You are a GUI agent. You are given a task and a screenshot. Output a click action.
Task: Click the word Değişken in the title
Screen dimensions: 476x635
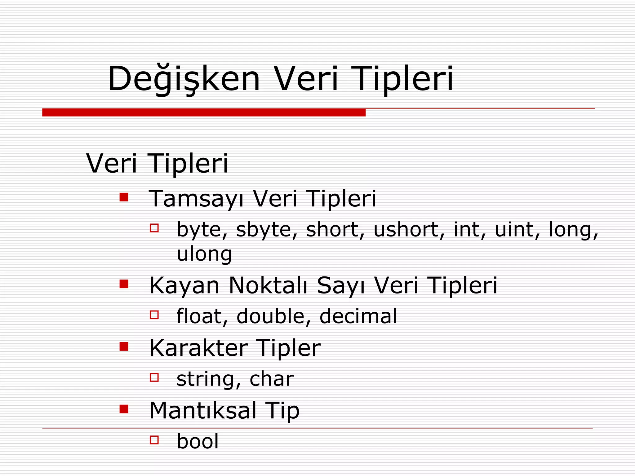point(184,79)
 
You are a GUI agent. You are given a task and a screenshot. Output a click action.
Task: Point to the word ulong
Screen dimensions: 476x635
point(204,254)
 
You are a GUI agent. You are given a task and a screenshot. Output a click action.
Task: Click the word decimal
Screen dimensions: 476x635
point(358,316)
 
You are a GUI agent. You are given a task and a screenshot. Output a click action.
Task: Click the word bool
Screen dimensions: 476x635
point(198,441)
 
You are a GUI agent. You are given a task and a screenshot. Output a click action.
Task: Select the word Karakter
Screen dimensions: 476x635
point(199,348)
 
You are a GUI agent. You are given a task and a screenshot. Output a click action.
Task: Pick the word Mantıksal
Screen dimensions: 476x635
point(203,411)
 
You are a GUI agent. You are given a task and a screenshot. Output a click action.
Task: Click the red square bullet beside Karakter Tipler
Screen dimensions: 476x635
point(124,346)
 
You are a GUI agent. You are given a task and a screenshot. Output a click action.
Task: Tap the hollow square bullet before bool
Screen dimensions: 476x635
point(154,440)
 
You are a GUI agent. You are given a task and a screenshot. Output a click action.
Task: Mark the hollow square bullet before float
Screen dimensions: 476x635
point(154,315)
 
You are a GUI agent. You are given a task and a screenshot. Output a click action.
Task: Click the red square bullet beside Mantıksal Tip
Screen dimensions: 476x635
point(124,409)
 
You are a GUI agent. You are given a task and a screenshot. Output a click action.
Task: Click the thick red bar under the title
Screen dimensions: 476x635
point(204,112)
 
